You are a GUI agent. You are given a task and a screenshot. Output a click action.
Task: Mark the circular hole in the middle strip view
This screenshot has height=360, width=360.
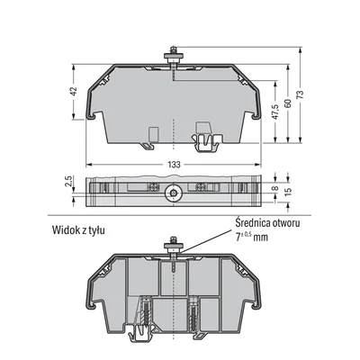tap(171, 191)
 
